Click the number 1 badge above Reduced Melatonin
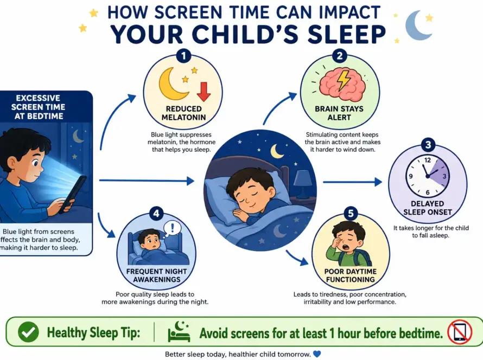[184, 56]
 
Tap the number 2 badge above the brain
[340, 56]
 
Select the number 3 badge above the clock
[428, 145]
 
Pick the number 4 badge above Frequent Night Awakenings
[156, 214]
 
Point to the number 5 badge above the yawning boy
[351, 214]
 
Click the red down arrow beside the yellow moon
[204, 92]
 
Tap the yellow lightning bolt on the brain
[343, 80]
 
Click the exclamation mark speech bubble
[171, 229]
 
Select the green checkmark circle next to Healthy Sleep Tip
[29, 332]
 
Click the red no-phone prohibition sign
[460, 332]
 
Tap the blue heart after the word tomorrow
[316, 354]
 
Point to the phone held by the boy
[73, 194]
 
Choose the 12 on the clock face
[428, 160]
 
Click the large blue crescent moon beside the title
[417, 25]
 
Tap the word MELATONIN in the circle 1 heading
[183, 117]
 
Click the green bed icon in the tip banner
[179, 332]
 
